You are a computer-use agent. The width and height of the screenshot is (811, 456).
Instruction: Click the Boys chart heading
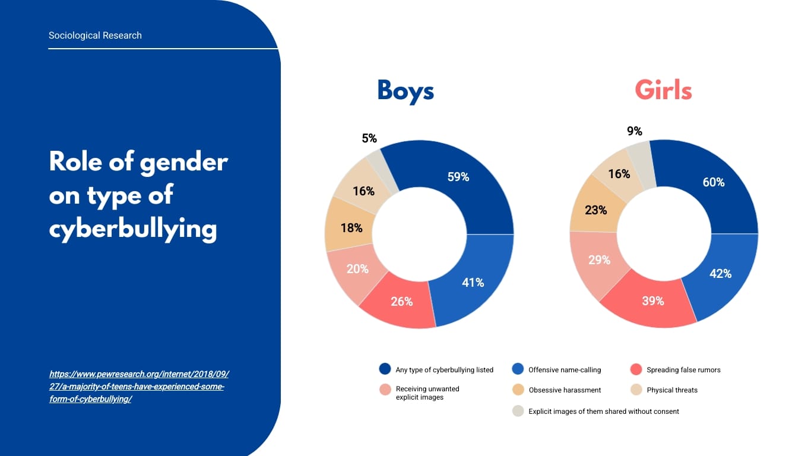405,91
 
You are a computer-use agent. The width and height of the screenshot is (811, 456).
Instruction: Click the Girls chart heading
663,91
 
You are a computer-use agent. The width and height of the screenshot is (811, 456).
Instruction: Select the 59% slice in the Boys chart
458,177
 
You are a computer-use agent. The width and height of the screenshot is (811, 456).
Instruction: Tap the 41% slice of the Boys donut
473,283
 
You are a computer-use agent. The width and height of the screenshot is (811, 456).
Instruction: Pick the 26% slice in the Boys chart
402,302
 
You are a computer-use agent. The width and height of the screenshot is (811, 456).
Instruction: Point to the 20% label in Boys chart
357,269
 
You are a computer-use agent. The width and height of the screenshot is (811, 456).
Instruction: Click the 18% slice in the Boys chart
351,228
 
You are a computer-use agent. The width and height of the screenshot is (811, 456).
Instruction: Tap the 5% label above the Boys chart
369,138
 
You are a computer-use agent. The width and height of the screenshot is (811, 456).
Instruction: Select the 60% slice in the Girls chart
714,182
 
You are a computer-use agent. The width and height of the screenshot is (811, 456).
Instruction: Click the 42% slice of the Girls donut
721,274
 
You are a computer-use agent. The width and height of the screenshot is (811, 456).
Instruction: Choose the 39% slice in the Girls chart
652,301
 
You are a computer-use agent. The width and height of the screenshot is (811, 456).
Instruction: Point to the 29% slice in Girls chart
600,261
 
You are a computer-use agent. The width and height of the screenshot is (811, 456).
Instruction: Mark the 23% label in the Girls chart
595,210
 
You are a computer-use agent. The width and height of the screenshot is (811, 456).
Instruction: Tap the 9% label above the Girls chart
635,132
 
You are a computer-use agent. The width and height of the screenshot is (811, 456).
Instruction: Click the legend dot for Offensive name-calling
518,369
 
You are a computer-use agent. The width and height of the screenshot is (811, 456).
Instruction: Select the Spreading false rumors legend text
683,370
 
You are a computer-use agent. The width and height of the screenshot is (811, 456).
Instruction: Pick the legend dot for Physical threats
636,390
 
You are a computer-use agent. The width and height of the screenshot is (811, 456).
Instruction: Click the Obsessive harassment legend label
565,390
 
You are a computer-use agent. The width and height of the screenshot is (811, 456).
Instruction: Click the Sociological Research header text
95,36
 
